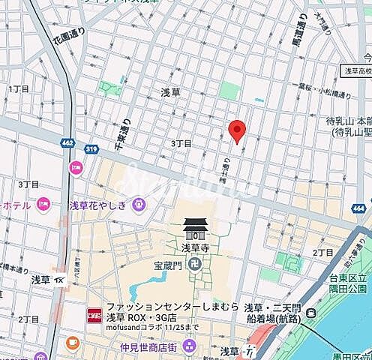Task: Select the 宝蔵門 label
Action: (169, 264)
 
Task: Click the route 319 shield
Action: (91, 148)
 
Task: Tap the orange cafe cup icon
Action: (72, 343)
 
